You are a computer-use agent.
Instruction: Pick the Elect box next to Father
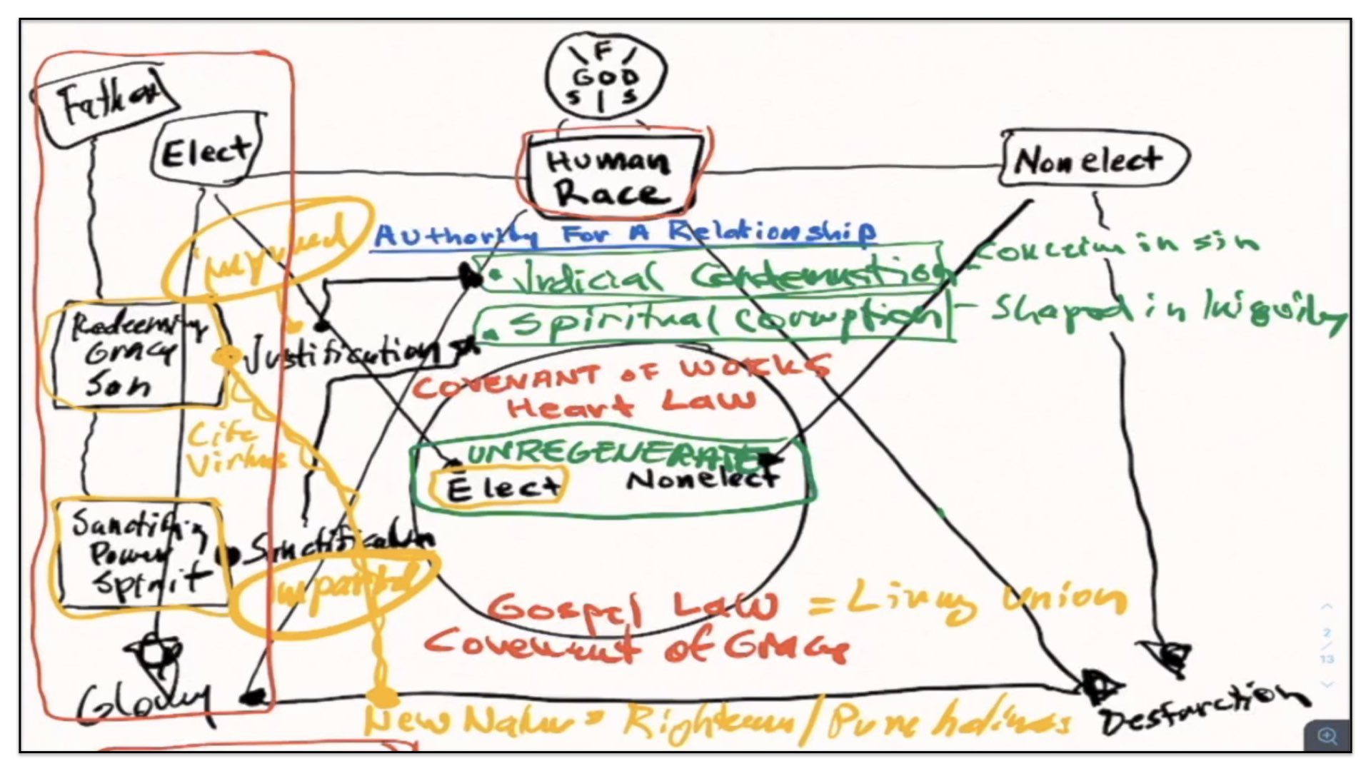pos(206,152)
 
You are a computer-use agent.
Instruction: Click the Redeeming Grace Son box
pos(136,354)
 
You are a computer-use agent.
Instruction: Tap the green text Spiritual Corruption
pos(714,321)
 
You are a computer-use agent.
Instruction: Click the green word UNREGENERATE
pos(607,452)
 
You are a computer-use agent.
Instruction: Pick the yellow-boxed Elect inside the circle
pos(500,488)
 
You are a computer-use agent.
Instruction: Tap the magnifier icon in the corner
pos(1327,736)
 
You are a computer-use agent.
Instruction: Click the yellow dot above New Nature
pos(381,695)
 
